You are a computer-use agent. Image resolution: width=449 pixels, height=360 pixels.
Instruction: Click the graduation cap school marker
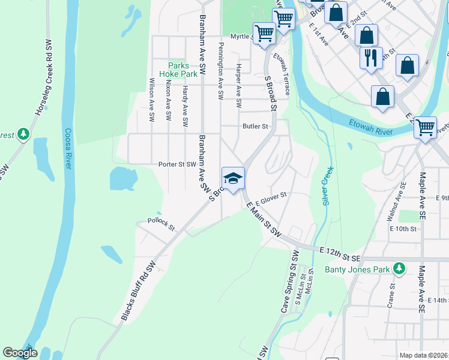click(233, 178)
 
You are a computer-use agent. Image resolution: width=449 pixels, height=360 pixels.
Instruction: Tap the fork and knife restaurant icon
click(370, 58)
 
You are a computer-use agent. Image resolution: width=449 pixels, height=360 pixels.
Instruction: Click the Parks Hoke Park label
click(178, 70)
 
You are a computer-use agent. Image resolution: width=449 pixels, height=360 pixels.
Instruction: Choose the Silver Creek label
click(328, 186)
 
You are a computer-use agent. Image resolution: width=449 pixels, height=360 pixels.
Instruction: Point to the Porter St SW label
click(177, 164)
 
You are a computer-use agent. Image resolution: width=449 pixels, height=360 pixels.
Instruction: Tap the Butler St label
click(255, 127)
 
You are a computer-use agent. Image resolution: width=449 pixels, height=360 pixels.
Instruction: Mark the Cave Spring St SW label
click(294, 287)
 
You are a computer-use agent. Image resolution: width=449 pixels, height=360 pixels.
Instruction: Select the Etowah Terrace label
click(282, 74)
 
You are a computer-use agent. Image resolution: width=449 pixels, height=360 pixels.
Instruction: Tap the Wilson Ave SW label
click(151, 101)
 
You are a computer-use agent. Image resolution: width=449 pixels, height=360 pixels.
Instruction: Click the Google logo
click(20, 353)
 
